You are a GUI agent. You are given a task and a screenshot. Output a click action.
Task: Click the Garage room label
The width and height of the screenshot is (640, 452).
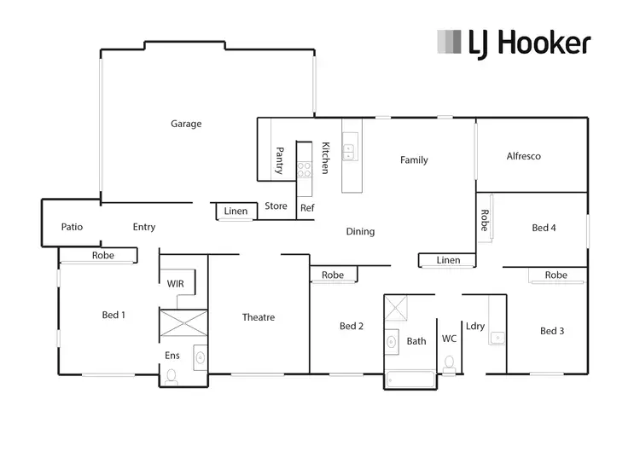pos(186,124)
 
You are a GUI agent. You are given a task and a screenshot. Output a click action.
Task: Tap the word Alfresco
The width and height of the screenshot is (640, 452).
pos(523,156)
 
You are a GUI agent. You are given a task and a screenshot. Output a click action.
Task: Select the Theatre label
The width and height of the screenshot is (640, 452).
pos(259,317)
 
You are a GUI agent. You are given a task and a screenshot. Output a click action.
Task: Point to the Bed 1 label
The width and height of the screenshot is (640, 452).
pos(113,315)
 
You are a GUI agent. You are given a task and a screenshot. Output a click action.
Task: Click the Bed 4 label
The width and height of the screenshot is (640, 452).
pos(544,228)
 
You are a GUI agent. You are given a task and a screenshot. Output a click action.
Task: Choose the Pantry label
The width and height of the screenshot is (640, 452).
pos(279,160)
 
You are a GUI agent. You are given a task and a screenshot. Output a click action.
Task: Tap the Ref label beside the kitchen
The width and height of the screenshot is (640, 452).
pos(307,207)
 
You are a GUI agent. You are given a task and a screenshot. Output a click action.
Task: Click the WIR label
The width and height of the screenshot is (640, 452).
pos(176,283)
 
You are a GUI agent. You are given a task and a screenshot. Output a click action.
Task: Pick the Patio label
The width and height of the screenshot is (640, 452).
pos(72,227)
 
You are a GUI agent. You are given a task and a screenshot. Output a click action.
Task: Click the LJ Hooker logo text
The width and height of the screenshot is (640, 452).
pos(528,43)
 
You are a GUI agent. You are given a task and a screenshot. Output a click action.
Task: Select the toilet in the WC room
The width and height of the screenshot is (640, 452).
pos(449,365)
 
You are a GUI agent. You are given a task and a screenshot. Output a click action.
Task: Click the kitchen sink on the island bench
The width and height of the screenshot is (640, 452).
pos(348,152)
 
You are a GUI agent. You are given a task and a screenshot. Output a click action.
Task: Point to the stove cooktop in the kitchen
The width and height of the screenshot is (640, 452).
pos(304,168)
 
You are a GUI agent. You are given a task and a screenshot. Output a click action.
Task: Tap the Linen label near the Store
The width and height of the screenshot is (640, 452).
pos(236,212)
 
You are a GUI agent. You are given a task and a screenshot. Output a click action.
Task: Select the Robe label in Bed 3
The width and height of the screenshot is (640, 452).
pos(556,275)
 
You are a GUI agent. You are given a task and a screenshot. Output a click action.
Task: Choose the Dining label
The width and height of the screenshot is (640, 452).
pos(359,231)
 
